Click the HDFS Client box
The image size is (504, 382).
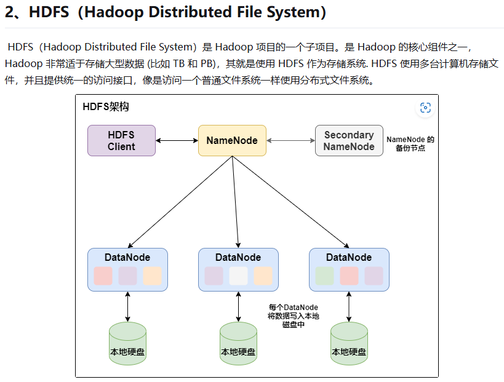(121, 140)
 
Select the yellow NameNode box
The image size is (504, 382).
(232, 140)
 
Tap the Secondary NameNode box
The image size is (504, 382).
(349, 140)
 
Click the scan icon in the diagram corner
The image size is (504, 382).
(425, 108)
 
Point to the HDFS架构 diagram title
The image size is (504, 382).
(105, 107)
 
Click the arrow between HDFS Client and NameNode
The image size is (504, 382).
(177, 140)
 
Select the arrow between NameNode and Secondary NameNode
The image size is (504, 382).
(290, 140)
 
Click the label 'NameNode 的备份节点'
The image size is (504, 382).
(410, 144)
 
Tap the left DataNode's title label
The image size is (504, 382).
(127, 257)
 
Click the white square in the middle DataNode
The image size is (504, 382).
(238, 276)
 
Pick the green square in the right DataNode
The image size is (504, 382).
(324, 276)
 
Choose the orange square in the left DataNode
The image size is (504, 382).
(152, 276)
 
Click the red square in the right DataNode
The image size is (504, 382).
(349, 276)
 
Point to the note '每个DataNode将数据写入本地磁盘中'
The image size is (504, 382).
(293, 316)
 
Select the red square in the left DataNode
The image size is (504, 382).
(103, 276)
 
